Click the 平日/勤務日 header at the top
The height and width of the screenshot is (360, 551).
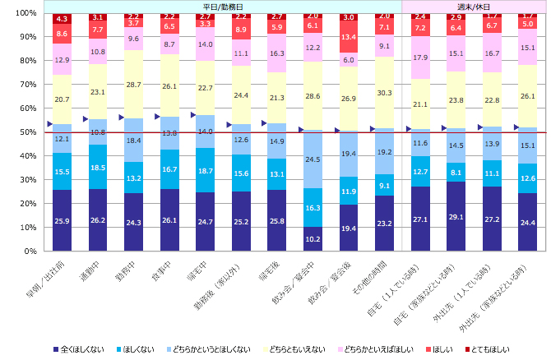[224, 6]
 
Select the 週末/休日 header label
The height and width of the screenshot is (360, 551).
[474, 6]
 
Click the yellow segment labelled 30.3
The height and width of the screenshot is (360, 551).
[385, 92]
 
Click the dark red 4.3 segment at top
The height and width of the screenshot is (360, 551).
[62, 18]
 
